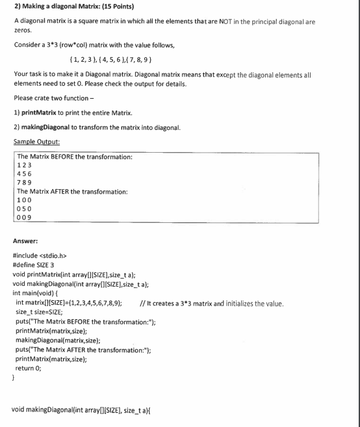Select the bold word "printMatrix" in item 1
tap(42, 113)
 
